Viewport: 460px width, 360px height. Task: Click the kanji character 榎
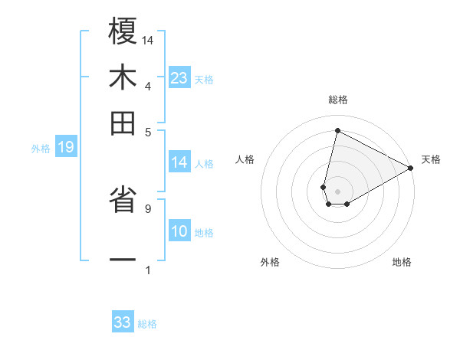click(123, 33)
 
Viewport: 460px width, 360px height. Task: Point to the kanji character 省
click(123, 201)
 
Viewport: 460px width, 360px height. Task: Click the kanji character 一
click(123, 260)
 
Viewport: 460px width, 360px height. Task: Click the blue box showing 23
click(179, 78)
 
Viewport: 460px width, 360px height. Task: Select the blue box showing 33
click(123, 322)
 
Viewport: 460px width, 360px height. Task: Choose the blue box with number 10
click(179, 232)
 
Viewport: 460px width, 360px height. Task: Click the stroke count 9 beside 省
click(147, 207)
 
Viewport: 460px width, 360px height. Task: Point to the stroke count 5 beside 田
click(147, 131)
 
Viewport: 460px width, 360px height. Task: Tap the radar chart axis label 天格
click(431, 159)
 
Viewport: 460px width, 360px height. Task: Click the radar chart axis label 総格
click(337, 100)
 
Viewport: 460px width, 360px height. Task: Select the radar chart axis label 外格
click(270, 262)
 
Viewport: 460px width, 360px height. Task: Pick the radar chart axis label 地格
click(402, 262)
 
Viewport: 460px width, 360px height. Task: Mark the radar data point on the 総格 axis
click(337, 131)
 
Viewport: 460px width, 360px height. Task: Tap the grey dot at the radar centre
click(337, 191)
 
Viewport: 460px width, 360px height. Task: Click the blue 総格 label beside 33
click(147, 324)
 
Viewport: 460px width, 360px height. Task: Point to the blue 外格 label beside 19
click(41, 149)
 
